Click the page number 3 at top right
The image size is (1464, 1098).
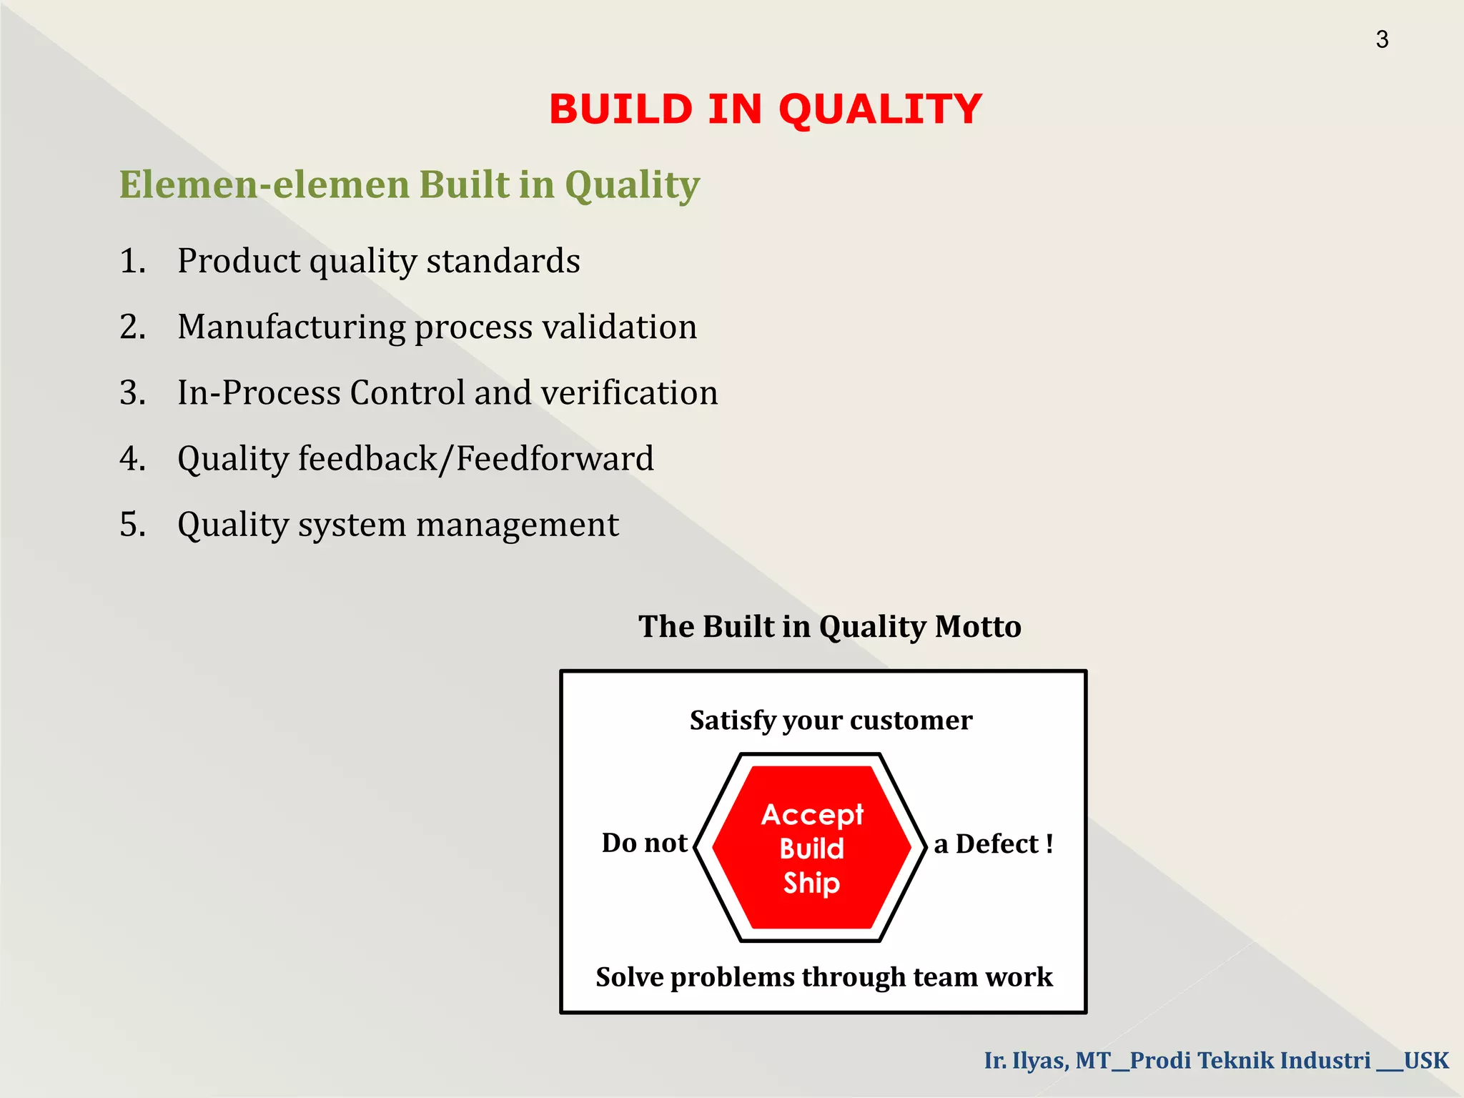[x=1382, y=39]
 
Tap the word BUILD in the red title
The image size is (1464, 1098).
[x=620, y=109]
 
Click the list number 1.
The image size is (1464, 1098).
[x=132, y=261]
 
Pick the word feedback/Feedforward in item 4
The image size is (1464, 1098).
[x=475, y=459]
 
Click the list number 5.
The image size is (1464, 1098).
[x=132, y=525]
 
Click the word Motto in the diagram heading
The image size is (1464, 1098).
[x=978, y=627]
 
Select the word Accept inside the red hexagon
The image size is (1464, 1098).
[x=812, y=815]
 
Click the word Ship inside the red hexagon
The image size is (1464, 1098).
[x=811, y=884]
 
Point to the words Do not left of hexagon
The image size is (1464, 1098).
[x=644, y=844]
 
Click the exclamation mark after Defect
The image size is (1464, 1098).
[x=1049, y=844]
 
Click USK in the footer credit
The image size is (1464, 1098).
[x=1425, y=1060]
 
